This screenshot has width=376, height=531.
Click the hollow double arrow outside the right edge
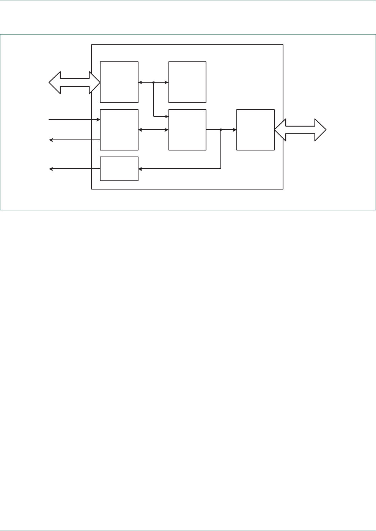(x=300, y=130)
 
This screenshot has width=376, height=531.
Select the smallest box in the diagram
(x=119, y=169)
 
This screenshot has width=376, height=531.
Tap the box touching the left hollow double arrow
(x=119, y=82)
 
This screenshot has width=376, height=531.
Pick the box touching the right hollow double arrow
(x=255, y=130)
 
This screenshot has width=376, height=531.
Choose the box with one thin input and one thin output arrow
(x=119, y=130)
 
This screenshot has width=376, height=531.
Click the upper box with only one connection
(x=187, y=82)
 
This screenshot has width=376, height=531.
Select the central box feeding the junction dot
(x=187, y=130)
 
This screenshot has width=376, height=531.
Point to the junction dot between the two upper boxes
(x=153, y=82)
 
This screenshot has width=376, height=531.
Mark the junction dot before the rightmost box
(x=221, y=130)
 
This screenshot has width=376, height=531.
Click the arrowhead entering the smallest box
(x=140, y=169)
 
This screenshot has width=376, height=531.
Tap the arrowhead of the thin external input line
(x=98, y=120)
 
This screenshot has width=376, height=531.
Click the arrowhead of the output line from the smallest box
(x=51, y=169)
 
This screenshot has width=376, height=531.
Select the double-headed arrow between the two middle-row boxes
(x=153, y=130)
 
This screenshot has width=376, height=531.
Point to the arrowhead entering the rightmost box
(x=235, y=130)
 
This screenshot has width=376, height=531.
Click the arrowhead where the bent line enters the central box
(x=167, y=116)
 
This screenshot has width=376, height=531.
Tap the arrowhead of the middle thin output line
(x=51, y=140)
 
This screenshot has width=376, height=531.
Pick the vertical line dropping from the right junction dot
(x=221, y=149)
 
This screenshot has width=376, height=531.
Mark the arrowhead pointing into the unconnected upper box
(x=167, y=82)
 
